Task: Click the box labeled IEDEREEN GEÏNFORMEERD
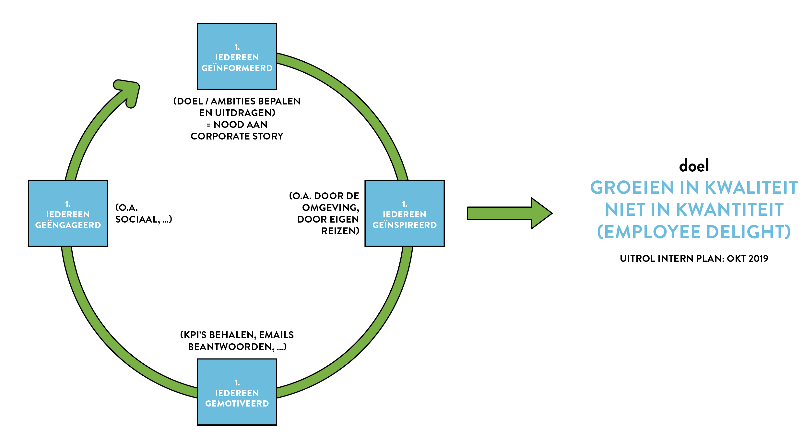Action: [x=237, y=56]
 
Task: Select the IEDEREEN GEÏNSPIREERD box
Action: [x=405, y=213]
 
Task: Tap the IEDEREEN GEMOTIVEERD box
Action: [x=237, y=392]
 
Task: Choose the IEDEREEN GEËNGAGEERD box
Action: [x=68, y=213]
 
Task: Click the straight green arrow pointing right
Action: [x=509, y=213]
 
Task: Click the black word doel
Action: [x=694, y=166]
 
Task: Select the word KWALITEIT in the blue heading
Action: [x=751, y=188]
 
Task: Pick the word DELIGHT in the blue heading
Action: [x=748, y=232]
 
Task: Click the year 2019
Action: [x=759, y=259]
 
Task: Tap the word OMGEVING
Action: [x=330, y=208]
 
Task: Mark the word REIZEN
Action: [x=340, y=231]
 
